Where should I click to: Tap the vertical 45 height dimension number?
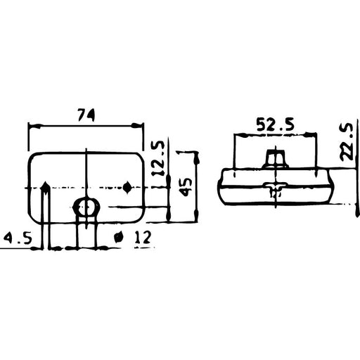[186, 188]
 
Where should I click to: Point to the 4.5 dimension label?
[17, 238]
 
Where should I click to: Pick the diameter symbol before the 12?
[120, 238]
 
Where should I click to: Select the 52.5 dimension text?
[274, 125]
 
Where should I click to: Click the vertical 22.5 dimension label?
[345, 143]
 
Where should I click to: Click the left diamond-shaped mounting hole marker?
[45, 187]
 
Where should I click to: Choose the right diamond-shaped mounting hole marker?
[127, 187]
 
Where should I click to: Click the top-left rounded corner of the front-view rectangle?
[32, 155]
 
